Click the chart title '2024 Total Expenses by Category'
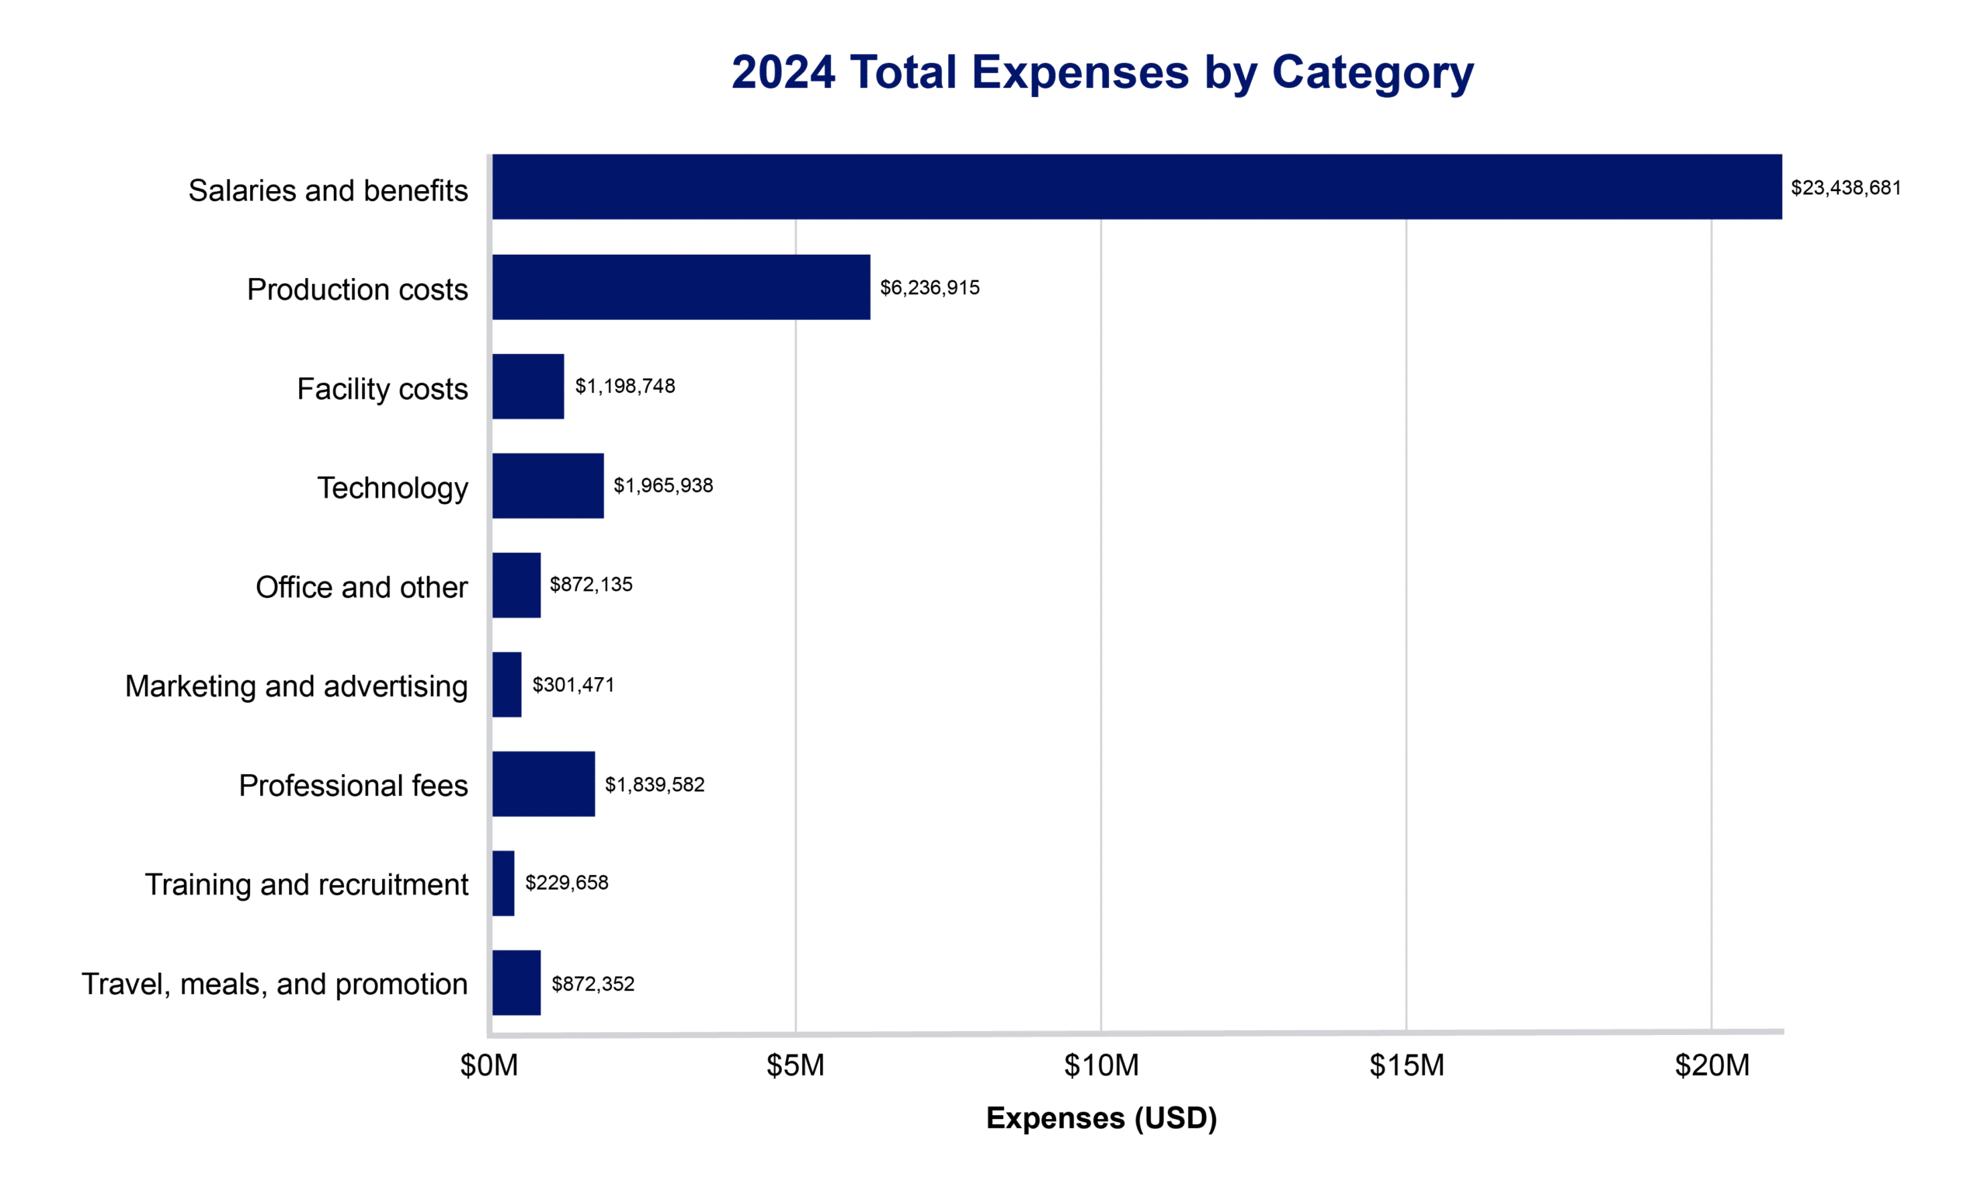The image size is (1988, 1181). pos(1101,72)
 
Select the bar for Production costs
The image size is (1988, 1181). pos(680,287)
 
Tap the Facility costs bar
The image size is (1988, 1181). pos(527,387)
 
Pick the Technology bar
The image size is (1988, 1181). pos(547,485)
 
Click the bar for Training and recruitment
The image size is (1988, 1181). pos(503,883)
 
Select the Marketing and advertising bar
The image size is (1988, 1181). pos(507,684)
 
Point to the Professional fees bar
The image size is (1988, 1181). pos(543,784)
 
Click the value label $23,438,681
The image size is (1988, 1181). pos(1845,188)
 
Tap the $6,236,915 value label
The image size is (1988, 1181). pos(929,287)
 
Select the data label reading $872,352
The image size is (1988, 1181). pos(592,984)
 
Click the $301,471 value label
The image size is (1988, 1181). pos(573,684)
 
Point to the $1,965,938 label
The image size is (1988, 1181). pos(662,485)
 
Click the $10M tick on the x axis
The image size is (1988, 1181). pos(1100,1065)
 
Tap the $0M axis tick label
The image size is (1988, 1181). pos(488,1065)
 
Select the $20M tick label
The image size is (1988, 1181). pos(1711,1065)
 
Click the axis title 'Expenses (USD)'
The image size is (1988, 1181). pos(1100,1118)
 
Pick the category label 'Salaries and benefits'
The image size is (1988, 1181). pos(328,191)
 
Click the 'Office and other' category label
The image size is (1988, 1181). pos(361,587)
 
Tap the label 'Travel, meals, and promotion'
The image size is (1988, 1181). pos(275,985)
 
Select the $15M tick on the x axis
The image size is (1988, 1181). pos(1406,1065)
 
